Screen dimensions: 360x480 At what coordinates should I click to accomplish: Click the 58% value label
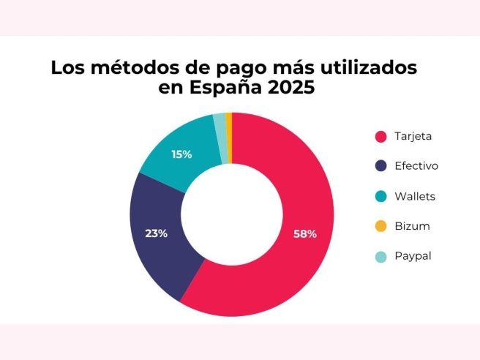[306, 234]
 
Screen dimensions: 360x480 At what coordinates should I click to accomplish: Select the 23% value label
[157, 233]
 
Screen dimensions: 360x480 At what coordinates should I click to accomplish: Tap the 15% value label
[181, 154]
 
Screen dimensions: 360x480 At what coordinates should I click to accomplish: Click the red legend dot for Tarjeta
[380, 136]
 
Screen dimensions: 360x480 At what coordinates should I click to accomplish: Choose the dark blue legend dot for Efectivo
[380, 166]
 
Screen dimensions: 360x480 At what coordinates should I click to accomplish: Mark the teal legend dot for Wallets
[380, 196]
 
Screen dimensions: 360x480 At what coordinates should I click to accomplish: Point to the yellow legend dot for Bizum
[380, 226]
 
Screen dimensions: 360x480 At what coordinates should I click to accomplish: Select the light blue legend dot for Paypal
[380, 256]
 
